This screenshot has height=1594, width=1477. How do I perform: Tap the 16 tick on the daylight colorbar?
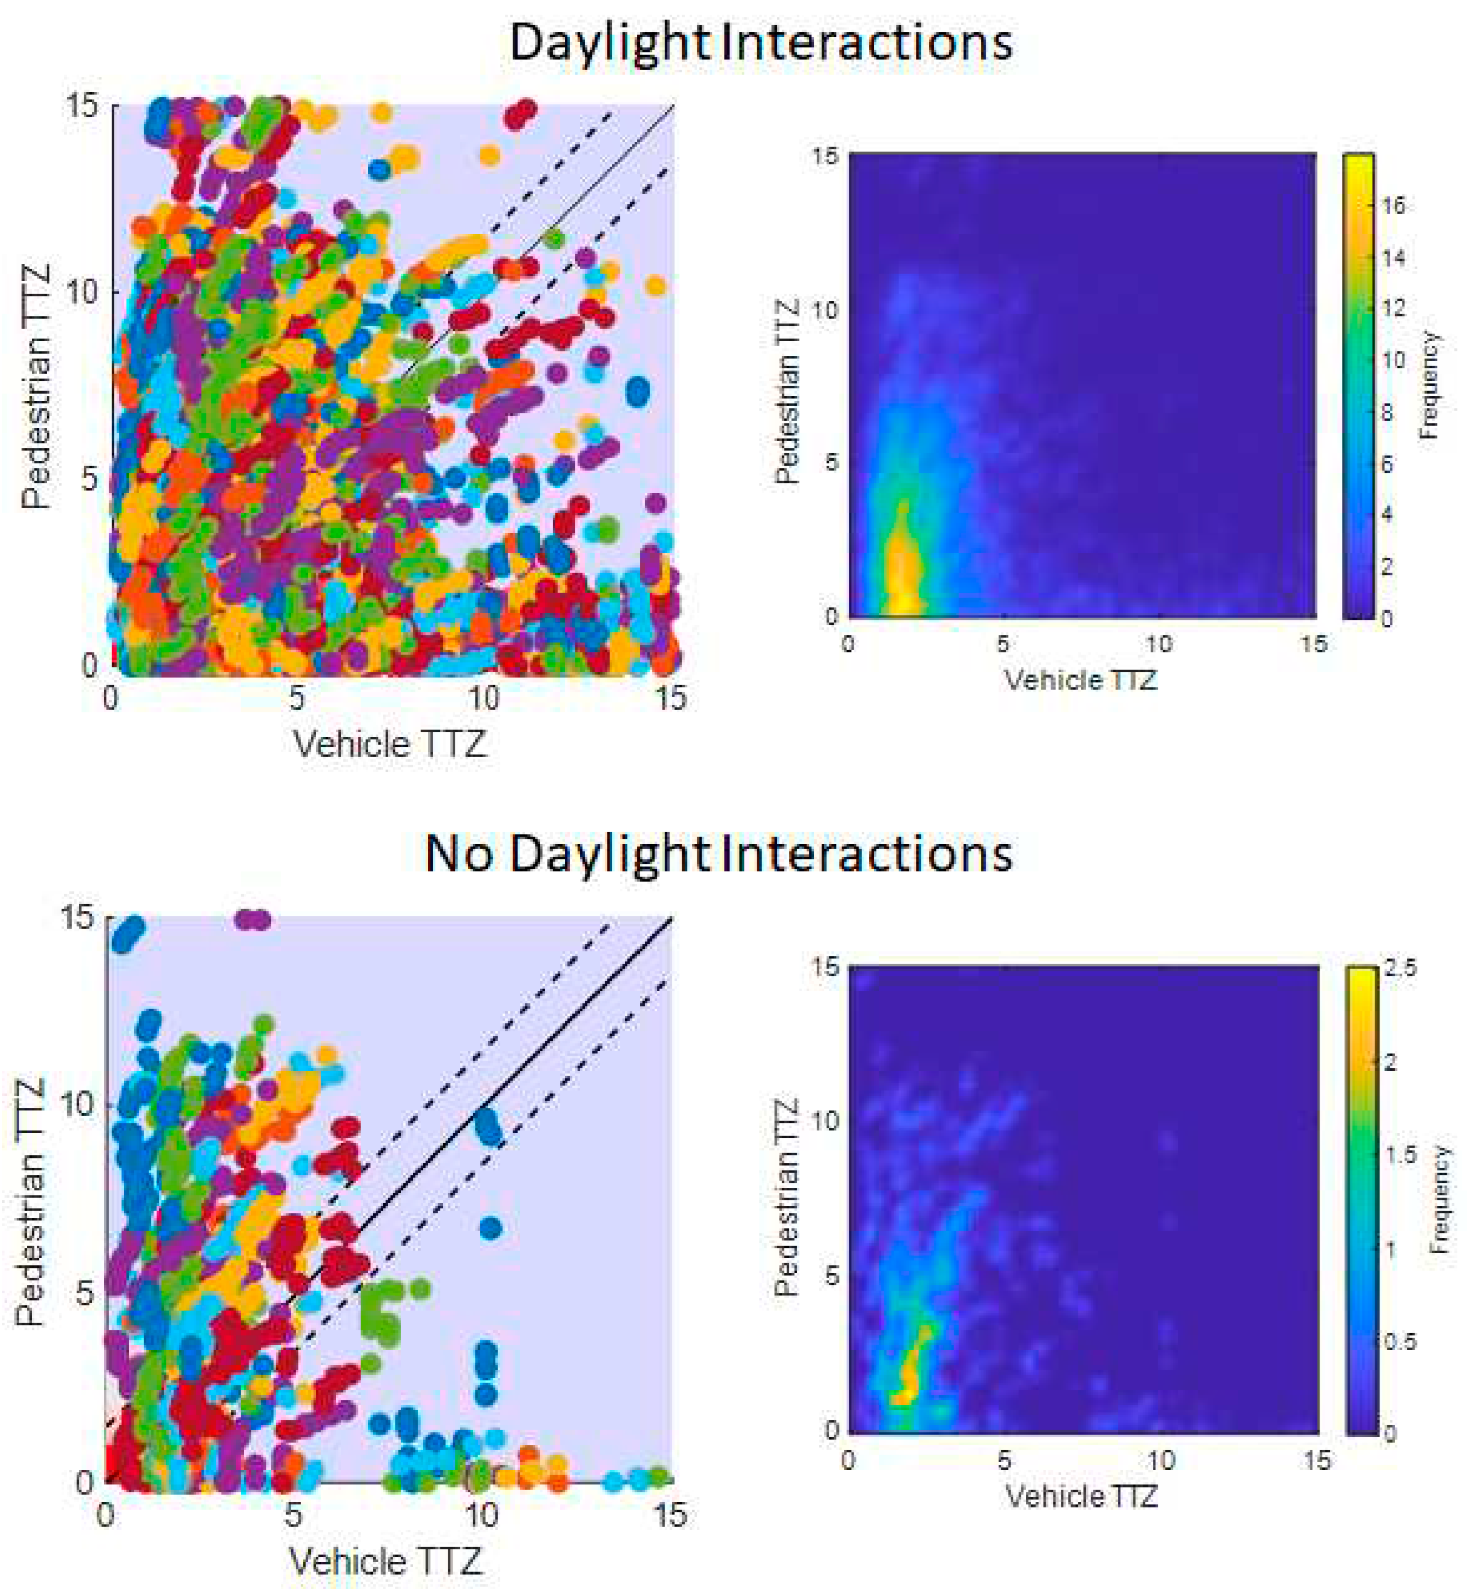tap(1393, 206)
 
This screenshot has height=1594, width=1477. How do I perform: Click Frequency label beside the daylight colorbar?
tap(1429, 385)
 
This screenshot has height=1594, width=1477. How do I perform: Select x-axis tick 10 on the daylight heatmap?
tap(1158, 644)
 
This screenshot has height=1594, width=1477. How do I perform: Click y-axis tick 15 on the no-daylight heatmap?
tap(826, 968)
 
